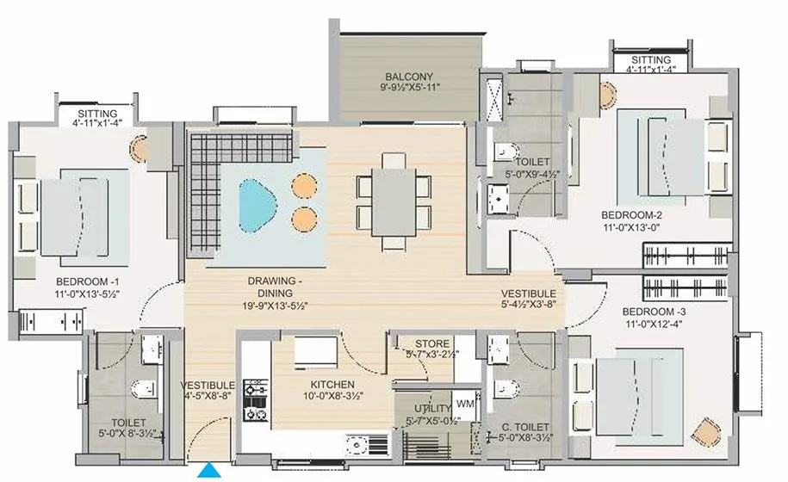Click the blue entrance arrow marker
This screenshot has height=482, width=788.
(208, 471)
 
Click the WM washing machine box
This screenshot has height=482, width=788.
(465, 404)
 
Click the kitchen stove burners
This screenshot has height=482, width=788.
(255, 399)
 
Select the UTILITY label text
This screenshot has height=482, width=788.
(431, 408)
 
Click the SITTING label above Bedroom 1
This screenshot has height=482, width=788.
(96, 113)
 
